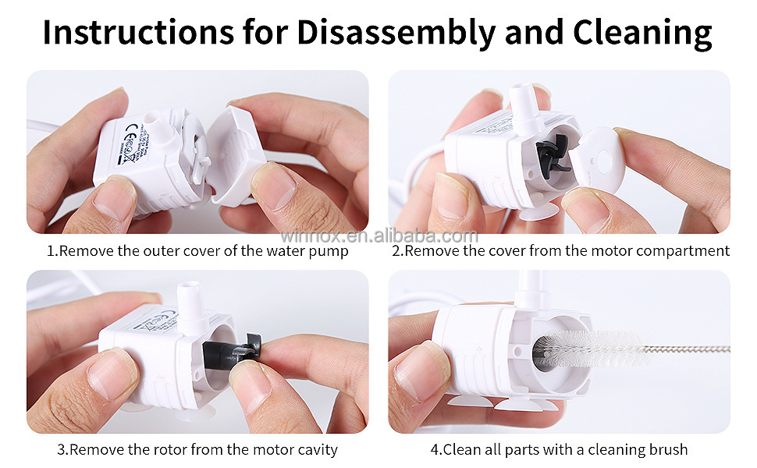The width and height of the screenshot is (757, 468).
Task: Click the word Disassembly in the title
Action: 395,33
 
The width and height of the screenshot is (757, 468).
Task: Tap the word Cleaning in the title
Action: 642,33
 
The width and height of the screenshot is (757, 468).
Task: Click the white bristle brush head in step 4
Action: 593,348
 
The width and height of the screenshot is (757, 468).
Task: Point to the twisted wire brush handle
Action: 691,349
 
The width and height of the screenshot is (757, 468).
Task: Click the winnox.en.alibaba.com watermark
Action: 378,236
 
